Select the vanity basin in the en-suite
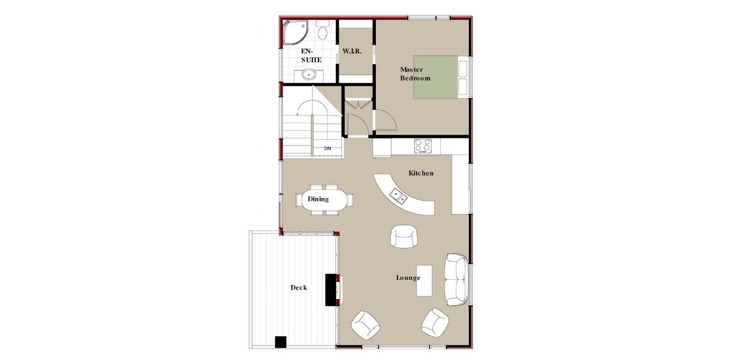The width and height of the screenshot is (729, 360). (x=309, y=74)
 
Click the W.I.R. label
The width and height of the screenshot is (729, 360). (x=352, y=52)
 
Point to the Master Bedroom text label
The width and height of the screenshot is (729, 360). (x=415, y=74)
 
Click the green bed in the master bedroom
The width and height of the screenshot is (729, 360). (x=435, y=77)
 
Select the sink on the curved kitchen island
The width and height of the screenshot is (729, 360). (x=398, y=196)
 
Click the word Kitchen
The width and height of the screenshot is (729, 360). (x=421, y=173)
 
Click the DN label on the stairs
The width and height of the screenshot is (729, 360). (x=328, y=149)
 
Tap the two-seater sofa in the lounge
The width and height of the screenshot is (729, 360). (x=456, y=279)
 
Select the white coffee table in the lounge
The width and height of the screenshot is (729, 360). (x=425, y=280)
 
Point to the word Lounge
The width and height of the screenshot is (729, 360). (x=408, y=278)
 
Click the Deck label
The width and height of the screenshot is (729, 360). (x=299, y=287)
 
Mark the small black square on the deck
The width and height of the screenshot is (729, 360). (x=281, y=342)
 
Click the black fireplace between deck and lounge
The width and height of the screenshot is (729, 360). (x=332, y=290)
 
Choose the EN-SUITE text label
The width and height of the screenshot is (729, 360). (x=311, y=56)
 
